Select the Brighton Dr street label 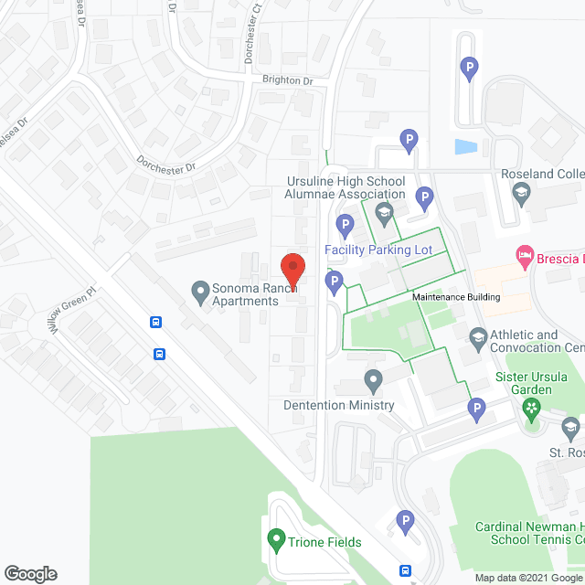(288, 80)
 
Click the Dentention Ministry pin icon (373, 379)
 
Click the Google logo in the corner (29, 574)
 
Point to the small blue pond (465, 146)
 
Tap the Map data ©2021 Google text (529, 578)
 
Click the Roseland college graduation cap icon (521, 191)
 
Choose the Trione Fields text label (326, 542)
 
